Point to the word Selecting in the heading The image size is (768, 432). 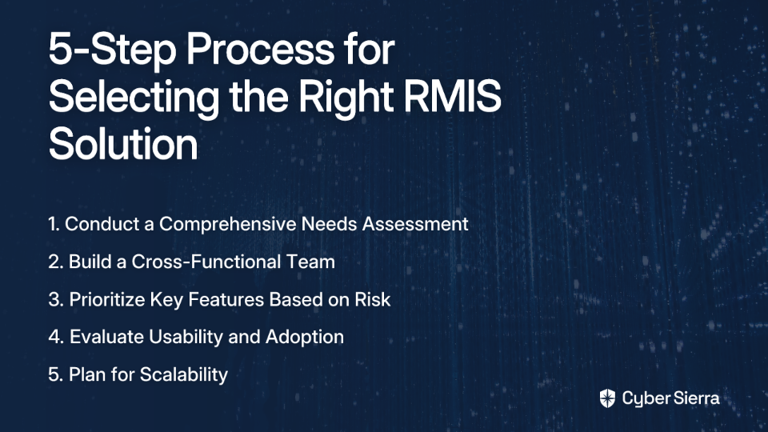tap(134, 98)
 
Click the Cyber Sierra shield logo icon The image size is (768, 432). tap(607, 398)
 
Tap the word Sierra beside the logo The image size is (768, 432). tap(695, 398)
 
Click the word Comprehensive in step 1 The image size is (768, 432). tap(228, 224)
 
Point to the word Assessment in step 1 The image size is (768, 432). tap(415, 224)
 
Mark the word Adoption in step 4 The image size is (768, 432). tap(304, 338)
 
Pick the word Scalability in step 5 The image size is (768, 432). tap(184, 374)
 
